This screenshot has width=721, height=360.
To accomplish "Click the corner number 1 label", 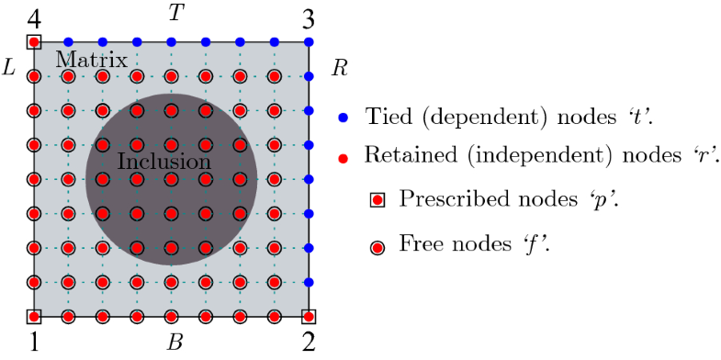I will (34, 345).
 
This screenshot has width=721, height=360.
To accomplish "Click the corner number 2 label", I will (309, 345).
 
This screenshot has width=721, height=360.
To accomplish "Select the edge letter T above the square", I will (174, 13).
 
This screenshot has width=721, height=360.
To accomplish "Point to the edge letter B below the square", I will (174, 344).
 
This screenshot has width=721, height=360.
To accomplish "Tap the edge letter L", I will (10, 68).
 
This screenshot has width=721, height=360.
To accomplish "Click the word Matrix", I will (91, 61).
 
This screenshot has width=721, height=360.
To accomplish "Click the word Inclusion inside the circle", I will (164, 162).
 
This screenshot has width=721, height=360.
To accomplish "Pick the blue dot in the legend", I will (344, 118).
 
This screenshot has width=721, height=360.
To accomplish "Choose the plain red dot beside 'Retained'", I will (344, 157).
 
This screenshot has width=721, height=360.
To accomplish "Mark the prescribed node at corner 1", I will (34, 317).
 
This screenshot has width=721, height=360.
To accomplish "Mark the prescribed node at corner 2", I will (309, 317).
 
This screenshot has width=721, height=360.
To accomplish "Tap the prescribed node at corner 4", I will (34, 41).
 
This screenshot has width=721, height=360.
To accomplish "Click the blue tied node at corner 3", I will (309, 41).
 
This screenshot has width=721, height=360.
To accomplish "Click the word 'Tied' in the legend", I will (386, 118).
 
